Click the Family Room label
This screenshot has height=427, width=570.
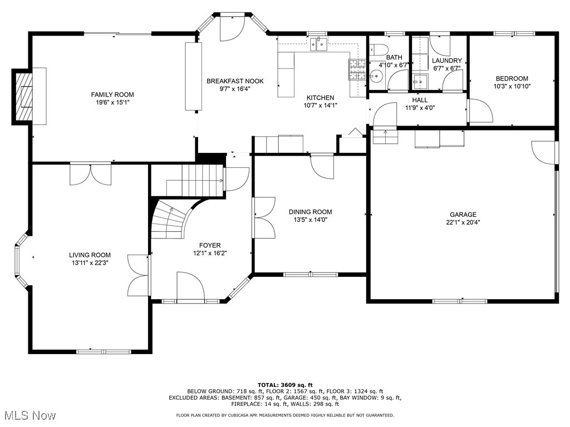point(112,95)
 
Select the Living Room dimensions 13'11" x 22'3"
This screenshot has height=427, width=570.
point(90,263)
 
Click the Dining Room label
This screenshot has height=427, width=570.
point(310,212)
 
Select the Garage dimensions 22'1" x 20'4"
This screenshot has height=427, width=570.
point(463,222)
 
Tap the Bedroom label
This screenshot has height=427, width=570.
point(512,79)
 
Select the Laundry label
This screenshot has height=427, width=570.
point(447,61)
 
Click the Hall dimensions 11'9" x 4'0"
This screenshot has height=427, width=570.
point(420,108)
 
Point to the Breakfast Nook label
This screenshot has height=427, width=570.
point(235,81)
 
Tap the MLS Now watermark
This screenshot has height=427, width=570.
point(28,415)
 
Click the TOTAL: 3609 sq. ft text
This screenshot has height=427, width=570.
point(284,385)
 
